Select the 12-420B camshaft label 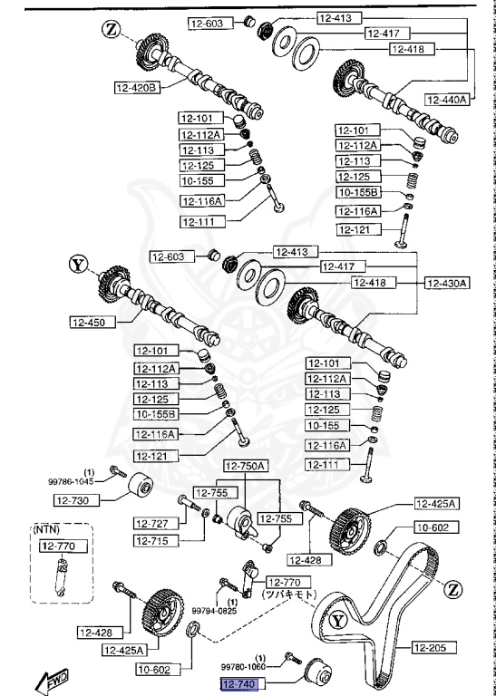click(136, 88)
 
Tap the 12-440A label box click(447, 100)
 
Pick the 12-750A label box click(246, 466)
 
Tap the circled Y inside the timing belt click(337, 622)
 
